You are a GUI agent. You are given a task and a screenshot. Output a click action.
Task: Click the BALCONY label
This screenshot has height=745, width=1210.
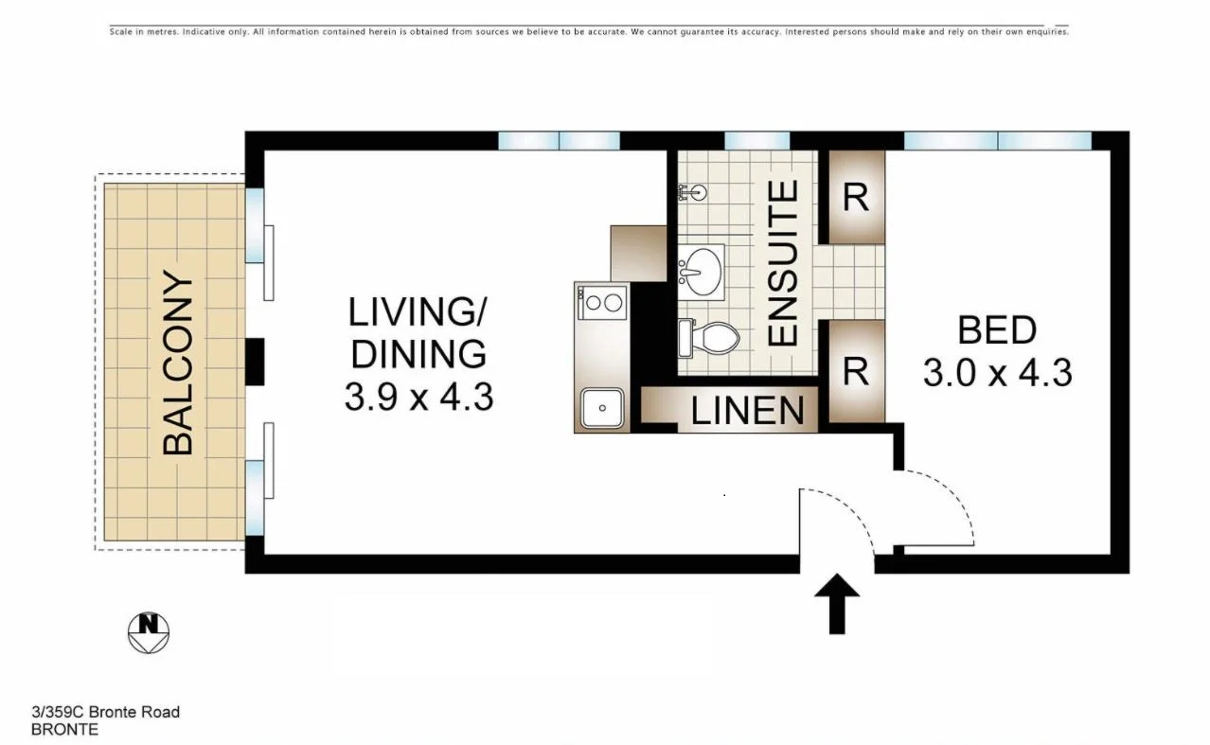178,363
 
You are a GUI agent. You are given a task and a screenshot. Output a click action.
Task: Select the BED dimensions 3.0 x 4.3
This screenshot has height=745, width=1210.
997,372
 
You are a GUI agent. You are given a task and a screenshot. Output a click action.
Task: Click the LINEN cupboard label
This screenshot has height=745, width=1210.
747,411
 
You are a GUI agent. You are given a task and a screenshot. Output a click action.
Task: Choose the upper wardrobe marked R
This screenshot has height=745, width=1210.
856,198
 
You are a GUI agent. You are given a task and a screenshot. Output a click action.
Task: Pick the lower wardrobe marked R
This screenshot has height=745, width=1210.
856,372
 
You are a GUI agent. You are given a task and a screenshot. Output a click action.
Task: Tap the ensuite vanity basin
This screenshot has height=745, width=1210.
701,270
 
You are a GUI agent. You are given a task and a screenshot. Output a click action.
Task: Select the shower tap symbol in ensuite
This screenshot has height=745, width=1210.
692,192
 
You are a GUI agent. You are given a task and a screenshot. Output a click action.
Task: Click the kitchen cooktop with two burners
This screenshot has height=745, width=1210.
603,303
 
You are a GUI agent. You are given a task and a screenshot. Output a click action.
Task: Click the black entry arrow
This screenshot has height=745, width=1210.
838,603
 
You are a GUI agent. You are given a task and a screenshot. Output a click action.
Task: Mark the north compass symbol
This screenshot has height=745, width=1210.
148,632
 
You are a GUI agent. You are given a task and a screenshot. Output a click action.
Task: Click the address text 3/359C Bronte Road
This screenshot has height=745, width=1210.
105,712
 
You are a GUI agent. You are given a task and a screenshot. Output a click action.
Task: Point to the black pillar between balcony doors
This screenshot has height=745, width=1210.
255,362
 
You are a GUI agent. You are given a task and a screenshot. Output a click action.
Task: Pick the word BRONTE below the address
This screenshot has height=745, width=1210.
64,730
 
